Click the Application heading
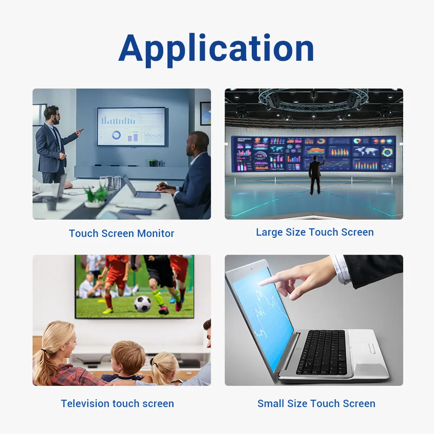click(x=216, y=49)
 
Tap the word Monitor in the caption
click(x=155, y=233)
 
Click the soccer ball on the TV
click(x=142, y=304)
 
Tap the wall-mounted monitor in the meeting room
click(x=131, y=126)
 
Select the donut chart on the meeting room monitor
click(x=116, y=135)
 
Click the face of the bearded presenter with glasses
click(x=56, y=116)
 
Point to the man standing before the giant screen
click(x=316, y=174)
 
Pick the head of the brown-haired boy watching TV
click(x=128, y=358)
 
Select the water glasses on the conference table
click(x=111, y=183)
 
